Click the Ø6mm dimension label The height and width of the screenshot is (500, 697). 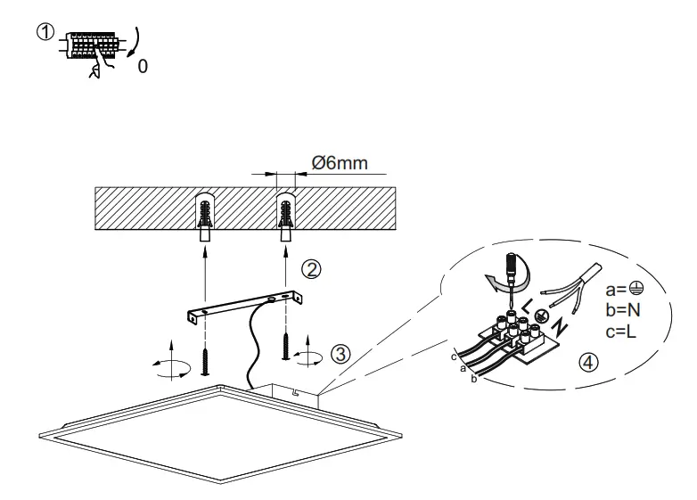tap(338, 165)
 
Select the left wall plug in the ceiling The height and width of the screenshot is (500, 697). tap(204, 220)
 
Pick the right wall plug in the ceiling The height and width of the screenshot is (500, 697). tap(286, 220)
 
